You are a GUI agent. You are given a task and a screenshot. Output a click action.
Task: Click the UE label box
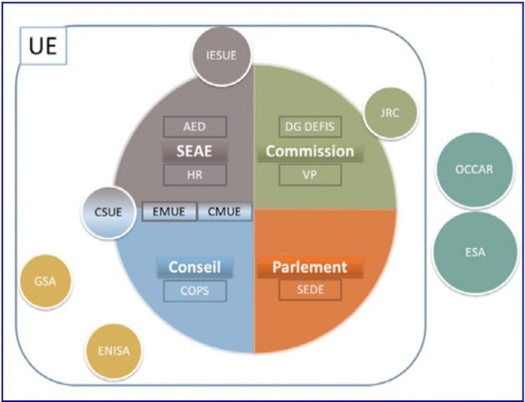pyautogui.click(x=42, y=47)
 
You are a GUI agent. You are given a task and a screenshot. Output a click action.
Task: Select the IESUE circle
pyautogui.click(x=221, y=55)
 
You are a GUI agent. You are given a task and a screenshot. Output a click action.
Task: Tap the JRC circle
pyautogui.click(x=391, y=112)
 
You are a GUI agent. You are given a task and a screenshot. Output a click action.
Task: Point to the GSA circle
pyautogui.click(x=45, y=281)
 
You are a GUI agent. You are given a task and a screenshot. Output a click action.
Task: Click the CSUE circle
pyautogui.click(x=108, y=213)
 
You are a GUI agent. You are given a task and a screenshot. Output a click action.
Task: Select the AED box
pyautogui.click(x=195, y=127)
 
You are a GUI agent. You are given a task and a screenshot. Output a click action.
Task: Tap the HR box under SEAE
pyautogui.click(x=195, y=175)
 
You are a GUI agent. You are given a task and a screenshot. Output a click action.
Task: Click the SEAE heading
pyautogui.click(x=195, y=151)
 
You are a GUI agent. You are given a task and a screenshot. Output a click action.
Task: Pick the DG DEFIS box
pyautogui.click(x=310, y=127)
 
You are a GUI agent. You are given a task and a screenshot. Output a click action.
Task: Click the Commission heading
pyautogui.click(x=310, y=151)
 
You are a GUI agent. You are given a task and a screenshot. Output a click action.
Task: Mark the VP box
pyautogui.click(x=310, y=175)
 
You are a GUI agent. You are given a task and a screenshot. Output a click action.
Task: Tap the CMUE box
pyautogui.click(x=225, y=212)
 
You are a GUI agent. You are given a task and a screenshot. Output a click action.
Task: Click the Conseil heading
pyautogui.click(x=195, y=267)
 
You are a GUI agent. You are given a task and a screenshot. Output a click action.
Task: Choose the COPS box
pyautogui.click(x=195, y=291)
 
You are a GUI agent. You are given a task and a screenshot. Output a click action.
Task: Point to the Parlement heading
pyautogui.click(x=310, y=267)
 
